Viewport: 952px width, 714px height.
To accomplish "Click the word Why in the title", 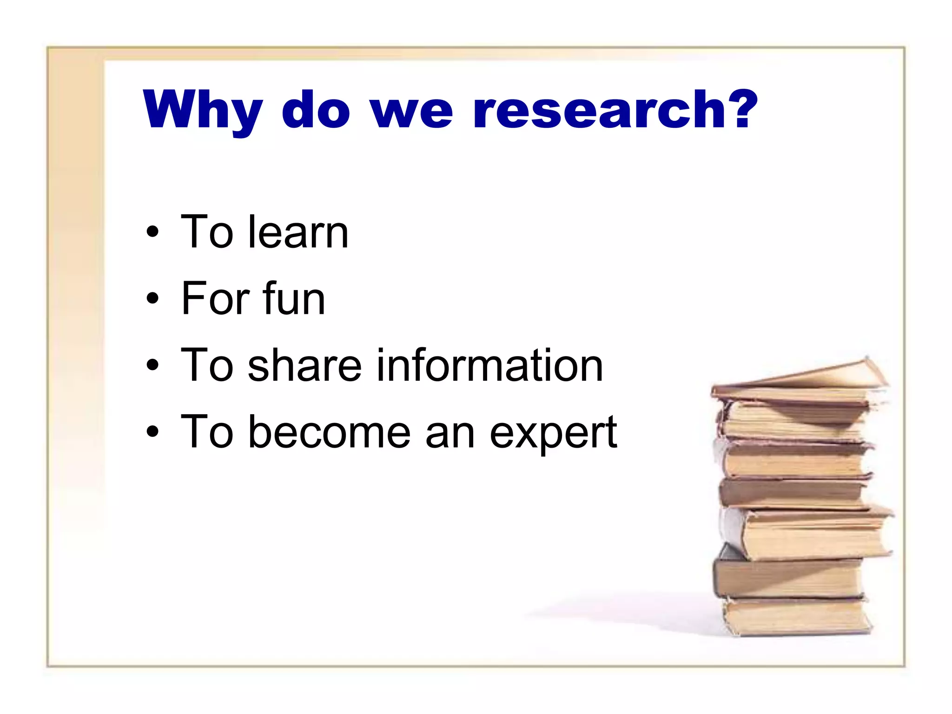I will tap(203, 110).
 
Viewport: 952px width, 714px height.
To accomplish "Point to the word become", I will tap(330, 432).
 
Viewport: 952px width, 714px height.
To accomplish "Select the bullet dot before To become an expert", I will tap(152, 432).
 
